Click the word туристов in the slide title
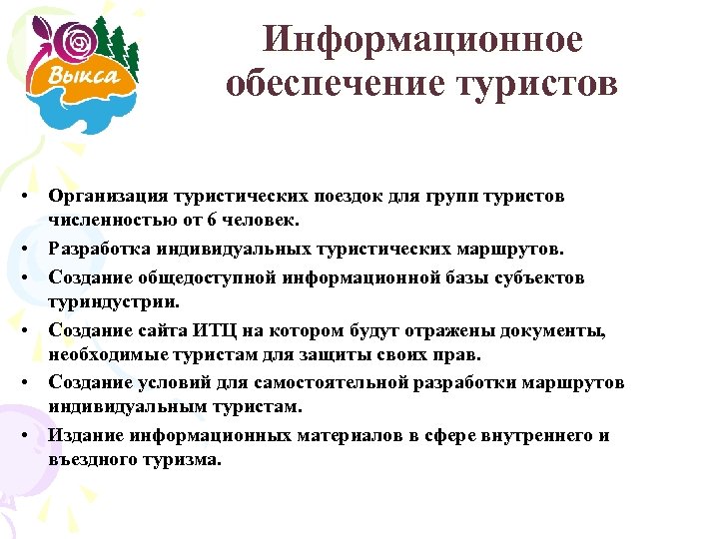coord(538,84)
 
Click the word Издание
coord(83,436)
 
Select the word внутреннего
coord(541,436)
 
